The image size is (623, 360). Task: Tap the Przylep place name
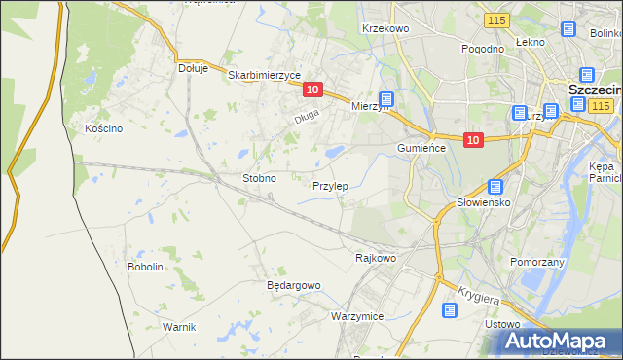point(330,185)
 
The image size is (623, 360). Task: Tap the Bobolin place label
point(145,267)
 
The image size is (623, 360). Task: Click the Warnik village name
point(179,326)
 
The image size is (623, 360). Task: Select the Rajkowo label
point(376,259)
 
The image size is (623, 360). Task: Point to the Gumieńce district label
point(421,147)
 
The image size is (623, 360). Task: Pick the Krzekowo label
point(385,29)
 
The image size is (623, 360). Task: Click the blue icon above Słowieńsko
point(495,187)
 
